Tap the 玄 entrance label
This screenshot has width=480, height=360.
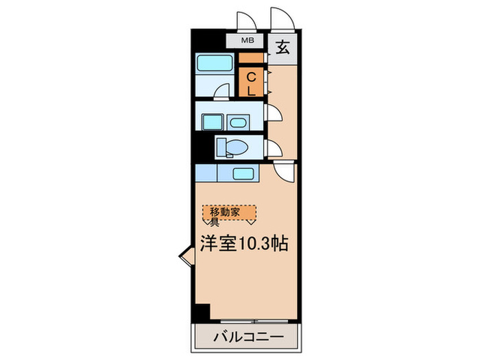tap(283, 49)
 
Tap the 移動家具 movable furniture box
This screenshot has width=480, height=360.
tap(229, 215)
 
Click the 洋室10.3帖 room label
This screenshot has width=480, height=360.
tap(243, 243)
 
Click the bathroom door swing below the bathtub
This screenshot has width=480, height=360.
tap(221, 91)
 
